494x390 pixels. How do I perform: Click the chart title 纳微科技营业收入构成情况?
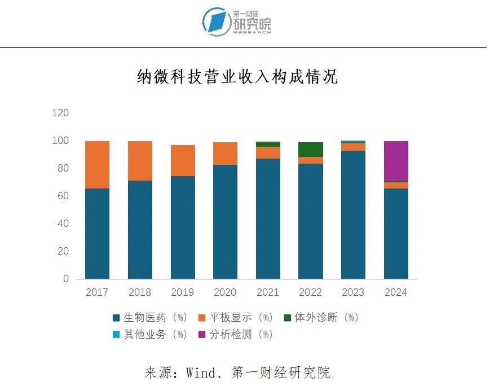point(237,77)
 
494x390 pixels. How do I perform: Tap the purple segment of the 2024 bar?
point(396,161)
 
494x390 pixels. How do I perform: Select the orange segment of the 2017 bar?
point(97,164)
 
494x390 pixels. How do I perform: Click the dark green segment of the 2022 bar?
point(311,150)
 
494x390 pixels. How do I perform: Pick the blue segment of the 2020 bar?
point(226,221)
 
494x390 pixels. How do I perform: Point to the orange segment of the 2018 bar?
point(140,160)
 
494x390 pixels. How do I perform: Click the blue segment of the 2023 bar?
point(354,214)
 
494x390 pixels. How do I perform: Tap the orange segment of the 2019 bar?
point(183,160)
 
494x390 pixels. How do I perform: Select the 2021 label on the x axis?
point(268,292)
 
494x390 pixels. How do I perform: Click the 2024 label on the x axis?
point(395,292)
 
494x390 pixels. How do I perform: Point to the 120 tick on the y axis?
point(60,113)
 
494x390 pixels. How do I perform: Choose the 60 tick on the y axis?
point(63,196)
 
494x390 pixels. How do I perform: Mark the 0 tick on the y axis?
point(65,279)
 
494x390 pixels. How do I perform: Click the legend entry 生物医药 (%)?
point(149,318)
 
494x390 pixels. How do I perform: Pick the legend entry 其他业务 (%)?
point(149,334)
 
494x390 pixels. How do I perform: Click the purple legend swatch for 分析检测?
point(201,335)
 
